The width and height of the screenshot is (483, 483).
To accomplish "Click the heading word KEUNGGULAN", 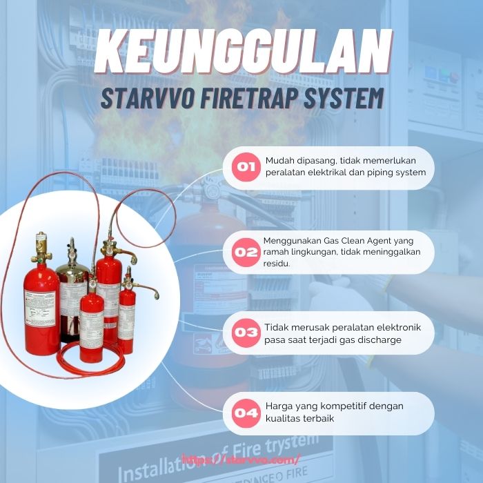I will coord(241,54).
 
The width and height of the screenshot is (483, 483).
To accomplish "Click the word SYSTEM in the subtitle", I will coord(346,99).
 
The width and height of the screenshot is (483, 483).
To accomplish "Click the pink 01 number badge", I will coord(246,166).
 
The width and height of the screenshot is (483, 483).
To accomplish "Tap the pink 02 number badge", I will coord(246,252).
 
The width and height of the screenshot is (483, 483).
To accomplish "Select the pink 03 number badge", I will coord(246,332).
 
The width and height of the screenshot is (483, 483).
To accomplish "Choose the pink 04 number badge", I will coord(246,413).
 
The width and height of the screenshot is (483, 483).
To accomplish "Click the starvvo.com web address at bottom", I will coord(241,459).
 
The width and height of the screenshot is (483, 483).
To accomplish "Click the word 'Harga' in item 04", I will coord(279,406).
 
